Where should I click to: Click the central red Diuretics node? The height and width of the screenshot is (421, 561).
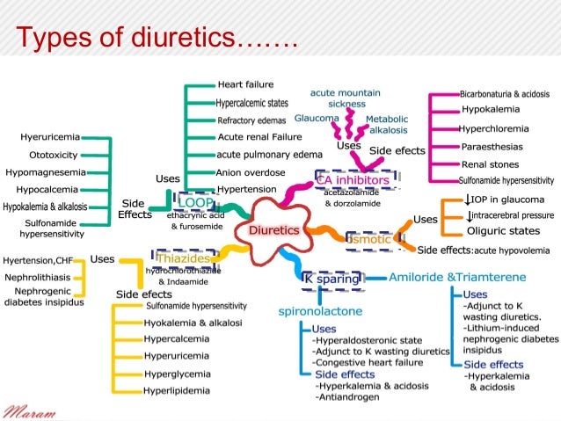tap(274, 229)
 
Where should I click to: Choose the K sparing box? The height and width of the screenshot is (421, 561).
tap(331, 278)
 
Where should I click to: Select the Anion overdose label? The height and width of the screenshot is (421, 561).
tap(251, 172)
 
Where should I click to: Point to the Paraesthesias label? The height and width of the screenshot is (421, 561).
tap(495, 146)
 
